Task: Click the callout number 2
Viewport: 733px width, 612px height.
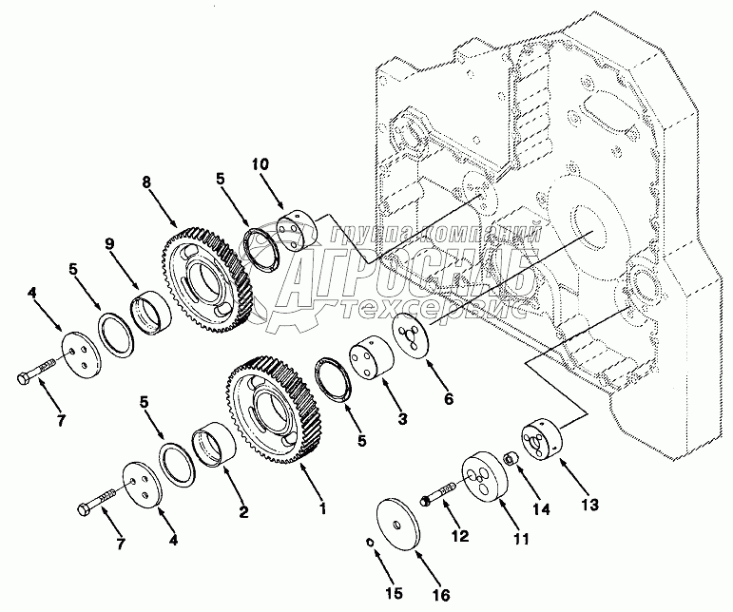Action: [x=244, y=513]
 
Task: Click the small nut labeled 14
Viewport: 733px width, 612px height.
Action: [x=510, y=461]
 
